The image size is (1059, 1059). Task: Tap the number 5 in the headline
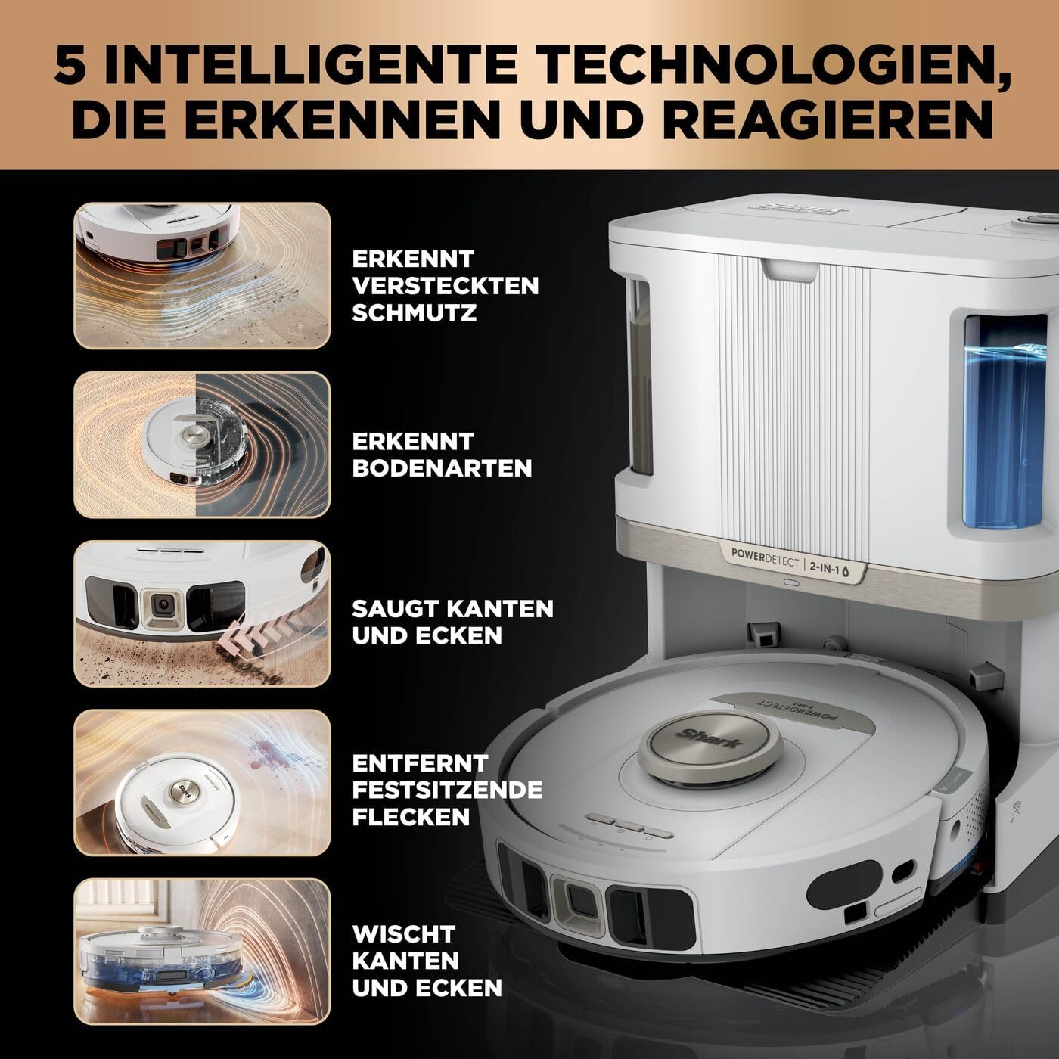click(72, 65)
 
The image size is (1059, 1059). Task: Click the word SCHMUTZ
click(414, 313)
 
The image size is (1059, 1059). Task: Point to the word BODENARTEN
click(442, 468)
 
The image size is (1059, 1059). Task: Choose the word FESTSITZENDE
click(447, 790)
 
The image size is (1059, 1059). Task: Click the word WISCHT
click(404, 933)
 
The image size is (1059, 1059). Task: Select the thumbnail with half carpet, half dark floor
click(202, 445)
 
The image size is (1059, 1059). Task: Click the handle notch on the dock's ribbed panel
click(790, 272)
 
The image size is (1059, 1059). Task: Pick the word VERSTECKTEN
click(445, 286)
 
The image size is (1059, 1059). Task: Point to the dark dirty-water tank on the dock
click(640, 377)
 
